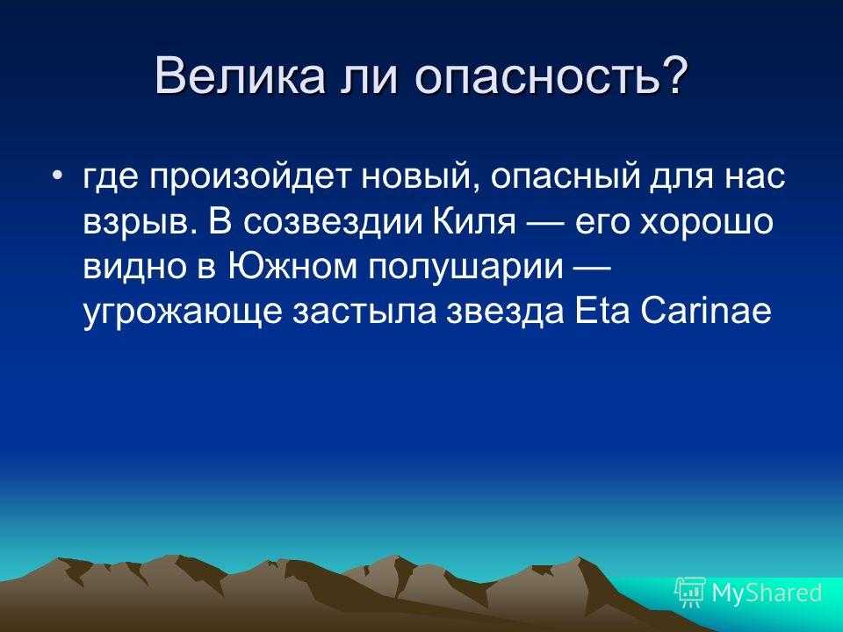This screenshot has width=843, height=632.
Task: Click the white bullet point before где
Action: [x=58, y=176]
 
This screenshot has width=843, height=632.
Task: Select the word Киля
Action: [x=474, y=221]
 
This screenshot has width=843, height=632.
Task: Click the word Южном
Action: [x=292, y=267]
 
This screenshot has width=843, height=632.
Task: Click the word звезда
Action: [x=506, y=312]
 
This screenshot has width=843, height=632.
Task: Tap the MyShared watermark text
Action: [x=767, y=592]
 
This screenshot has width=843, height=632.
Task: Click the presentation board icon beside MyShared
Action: [x=691, y=592]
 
